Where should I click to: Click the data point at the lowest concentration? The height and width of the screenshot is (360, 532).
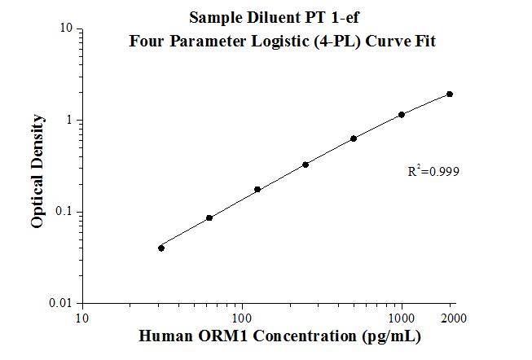[161, 248]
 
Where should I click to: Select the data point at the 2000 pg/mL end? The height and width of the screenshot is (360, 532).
[450, 94]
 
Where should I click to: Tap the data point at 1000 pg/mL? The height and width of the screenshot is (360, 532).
[402, 115]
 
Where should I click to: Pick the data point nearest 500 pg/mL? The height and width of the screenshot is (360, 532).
[354, 138]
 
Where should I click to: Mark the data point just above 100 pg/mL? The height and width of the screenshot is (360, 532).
[257, 190]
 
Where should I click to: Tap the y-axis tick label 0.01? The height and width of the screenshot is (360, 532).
[62, 303]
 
